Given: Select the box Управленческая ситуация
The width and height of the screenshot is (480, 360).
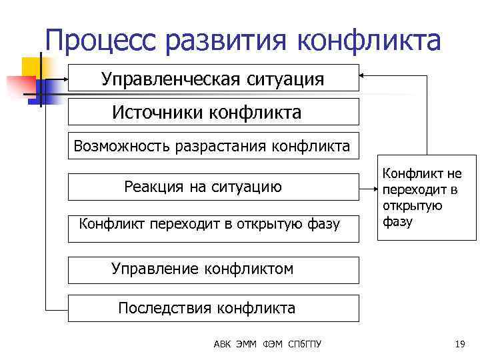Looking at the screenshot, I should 213,79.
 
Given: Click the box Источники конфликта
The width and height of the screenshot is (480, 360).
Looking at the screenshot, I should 213,112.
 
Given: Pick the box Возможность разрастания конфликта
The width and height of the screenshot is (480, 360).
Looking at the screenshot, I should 213,145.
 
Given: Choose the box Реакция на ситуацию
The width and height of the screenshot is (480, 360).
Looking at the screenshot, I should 213,187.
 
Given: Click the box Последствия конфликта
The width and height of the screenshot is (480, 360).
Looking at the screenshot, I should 213,308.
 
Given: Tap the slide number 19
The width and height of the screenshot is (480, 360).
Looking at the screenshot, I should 459,344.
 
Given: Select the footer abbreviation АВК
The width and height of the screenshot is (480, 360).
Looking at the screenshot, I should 223,344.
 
